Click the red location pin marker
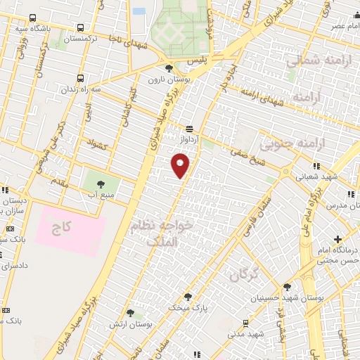click(x=181, y=165)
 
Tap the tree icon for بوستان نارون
click(x=169, y=69)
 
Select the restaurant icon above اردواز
click(x=189, y=129)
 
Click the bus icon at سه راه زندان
click(x=80, y=78)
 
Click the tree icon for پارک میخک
click(x=188, y=297)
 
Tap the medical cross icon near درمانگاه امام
click(x=338, y=240)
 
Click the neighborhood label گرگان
click(x=245, y=273)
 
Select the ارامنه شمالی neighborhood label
click(x=314, y=61)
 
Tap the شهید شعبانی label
click(x=337, y=176)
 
